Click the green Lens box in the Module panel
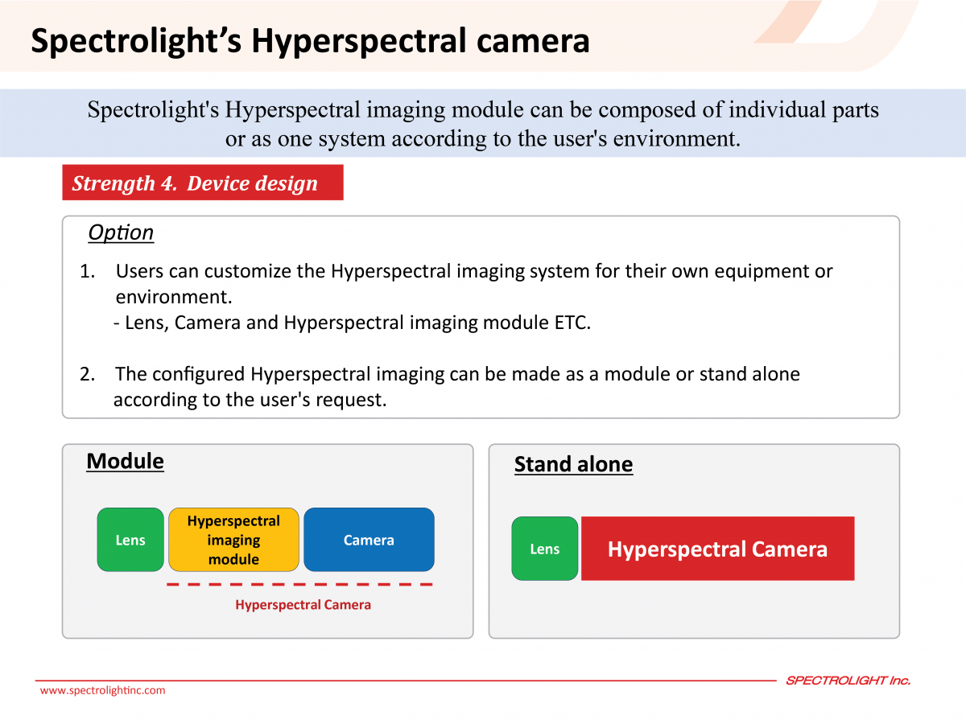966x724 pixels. pos(130,539)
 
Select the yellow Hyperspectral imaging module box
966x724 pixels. pos(233,539)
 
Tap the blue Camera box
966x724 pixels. pos(369,539)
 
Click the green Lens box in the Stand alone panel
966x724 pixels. pos(545,549)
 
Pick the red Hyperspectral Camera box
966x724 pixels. pos(718,549)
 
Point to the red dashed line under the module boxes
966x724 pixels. pos(299,584)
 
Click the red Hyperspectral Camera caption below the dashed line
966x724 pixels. pos(303,605)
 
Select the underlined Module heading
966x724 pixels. pos(125,462)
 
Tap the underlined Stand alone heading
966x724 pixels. pos(573,465)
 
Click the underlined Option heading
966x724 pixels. pos(121,232)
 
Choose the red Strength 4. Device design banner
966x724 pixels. pos(203,183)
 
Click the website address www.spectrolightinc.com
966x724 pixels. pos(102,690)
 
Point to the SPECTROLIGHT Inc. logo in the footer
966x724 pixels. pos(848,681)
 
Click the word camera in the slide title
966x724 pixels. pos(533,41)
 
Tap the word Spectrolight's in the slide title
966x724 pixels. pos(136,42)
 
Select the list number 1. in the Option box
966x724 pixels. pos(88,271)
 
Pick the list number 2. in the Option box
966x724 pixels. pos(88,374)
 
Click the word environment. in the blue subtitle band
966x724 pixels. pos(677,139)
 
